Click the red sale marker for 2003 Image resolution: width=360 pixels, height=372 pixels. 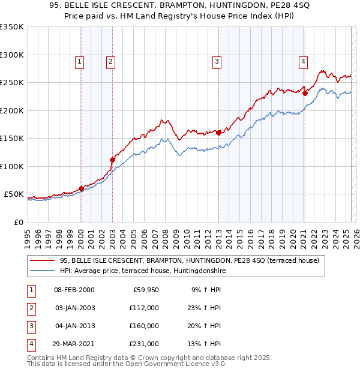(x=112, y=160)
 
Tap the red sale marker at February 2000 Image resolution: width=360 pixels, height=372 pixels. (x=81, y=188)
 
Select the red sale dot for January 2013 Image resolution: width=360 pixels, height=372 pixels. (x=218, y=133)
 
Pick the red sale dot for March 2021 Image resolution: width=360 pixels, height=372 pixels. (x=305, y=93)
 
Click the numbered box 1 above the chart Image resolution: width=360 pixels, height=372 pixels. (x=80, y=61)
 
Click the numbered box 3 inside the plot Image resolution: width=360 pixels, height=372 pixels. (x=216, y=61)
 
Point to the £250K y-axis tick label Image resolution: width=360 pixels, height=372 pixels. (x=11, y=83)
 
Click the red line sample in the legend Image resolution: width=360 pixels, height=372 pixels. (x=42, y=260)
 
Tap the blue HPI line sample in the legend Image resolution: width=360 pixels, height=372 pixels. (x=42, y=271)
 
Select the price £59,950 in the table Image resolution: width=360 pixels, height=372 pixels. (x=145, y=290)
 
